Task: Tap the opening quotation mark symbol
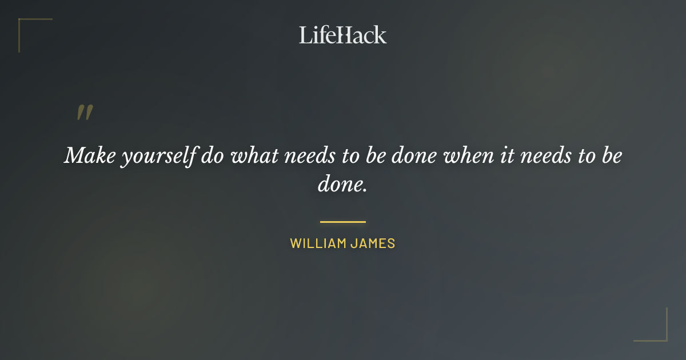coord(84,113)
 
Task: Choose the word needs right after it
coord(544,155)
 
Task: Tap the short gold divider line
coord(343,222)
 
